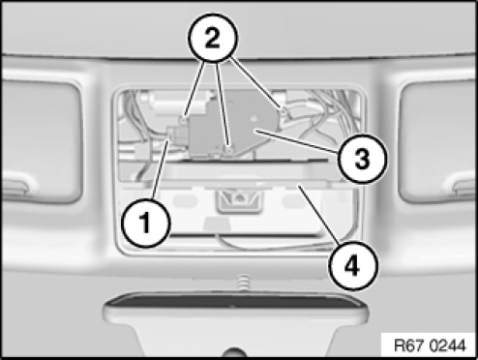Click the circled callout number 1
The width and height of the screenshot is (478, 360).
click(x=146, y=224)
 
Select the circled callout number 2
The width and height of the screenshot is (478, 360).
click(x=213, y=38)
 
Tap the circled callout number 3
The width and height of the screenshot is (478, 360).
click(x=362, y=159)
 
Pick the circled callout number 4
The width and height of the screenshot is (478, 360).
click(x=352, y=266)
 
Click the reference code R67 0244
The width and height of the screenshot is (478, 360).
click(x=430, y=345)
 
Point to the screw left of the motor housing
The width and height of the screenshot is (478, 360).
click(x=183, y=121)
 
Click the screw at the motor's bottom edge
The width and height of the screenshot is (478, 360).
click(x=229, y=151)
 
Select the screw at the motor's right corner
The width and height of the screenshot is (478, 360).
click(x=283, y=112)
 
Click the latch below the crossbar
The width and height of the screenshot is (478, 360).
click(x=239, y=199)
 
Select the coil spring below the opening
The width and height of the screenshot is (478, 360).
click(x=245, y=282)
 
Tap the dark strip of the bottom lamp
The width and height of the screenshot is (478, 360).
click(x=235, y=301)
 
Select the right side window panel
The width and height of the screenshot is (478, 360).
click(x=438, y=142)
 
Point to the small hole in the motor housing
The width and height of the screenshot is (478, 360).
click(x=254, y=120)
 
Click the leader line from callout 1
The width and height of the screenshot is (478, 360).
click(x=161, y=170)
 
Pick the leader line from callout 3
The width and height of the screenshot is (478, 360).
click(x=297, y=141)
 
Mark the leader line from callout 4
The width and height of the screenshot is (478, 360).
click(x=319, y=214)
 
